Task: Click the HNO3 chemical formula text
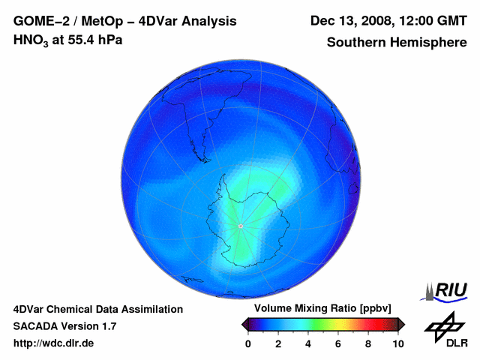pos(28,40)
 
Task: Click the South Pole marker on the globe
pos(240,226)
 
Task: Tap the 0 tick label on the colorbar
pos(248,343)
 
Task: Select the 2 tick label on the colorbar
pos(278,343)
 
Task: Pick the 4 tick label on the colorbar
pos(308,343)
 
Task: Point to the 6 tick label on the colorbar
pos(338,343)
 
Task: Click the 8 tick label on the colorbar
pos(368,343)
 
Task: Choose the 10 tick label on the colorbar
pos(397,343)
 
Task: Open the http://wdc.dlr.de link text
pos(54,343)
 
